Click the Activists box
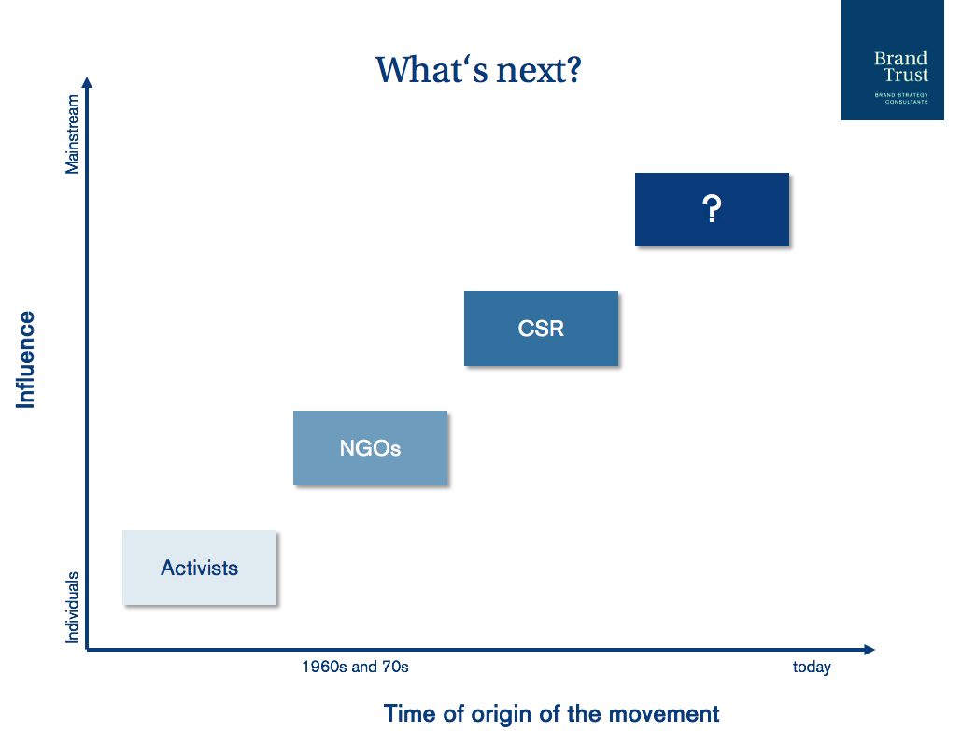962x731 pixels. [199, 568]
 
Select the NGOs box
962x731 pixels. [370, 448]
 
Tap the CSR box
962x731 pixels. [541, 328]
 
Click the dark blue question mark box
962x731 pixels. [712, 209]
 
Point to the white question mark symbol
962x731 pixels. [712, 208]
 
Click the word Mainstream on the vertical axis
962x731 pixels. [73, 134]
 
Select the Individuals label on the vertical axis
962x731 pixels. [73, 607]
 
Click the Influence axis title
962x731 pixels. [26, 359]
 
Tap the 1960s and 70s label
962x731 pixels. [355, 667]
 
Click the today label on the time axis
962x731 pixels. [812, 667]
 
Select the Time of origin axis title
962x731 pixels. [552, 714]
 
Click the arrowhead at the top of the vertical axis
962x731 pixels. [87, 83]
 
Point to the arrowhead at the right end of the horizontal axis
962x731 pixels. [869, 650]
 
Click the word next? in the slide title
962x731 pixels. [539, 70]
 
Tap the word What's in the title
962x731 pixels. [431, 69]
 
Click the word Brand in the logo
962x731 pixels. [900, 58]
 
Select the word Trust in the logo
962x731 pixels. [906, 75]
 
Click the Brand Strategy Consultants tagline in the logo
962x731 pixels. [901, 98]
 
